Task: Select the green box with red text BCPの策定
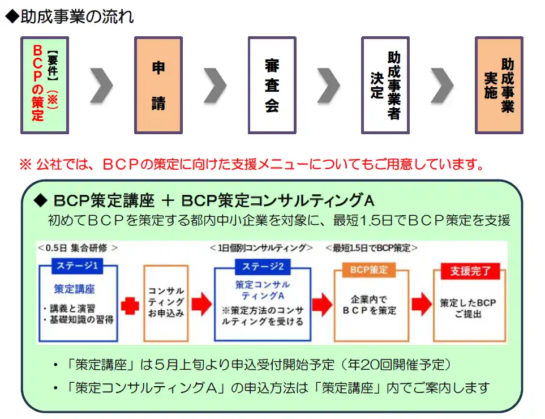(45, 85)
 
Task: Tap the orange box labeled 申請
(158, 85)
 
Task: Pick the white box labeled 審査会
(272, 85)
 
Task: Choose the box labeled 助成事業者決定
(385, 85)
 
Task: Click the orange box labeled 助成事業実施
(499, 85)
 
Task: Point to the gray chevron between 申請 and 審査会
(215, 85)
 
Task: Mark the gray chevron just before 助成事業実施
(442, 85)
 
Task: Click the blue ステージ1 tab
(78, 266)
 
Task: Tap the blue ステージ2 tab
(263, 266)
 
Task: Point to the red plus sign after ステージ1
(130, 306)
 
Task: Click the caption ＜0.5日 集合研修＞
(78, 247)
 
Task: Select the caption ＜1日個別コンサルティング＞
(261, 247)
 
